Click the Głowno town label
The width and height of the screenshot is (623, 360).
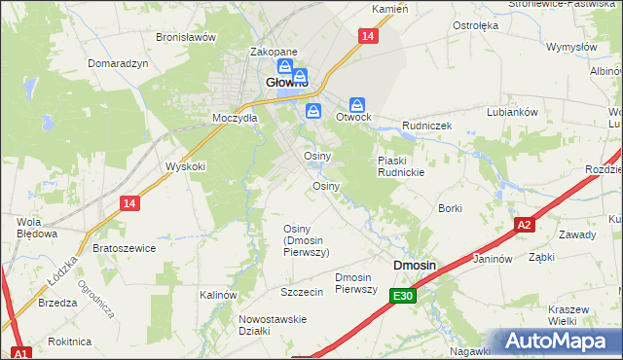pos(287,84)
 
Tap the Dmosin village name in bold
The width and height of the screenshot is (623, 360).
pos(414,265)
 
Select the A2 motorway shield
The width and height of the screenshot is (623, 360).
pos(525,225)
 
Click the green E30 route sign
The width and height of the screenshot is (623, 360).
pos(404,296)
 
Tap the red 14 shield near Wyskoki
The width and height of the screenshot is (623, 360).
pos(129,202)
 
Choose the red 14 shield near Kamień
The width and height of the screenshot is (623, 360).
pos(366,36)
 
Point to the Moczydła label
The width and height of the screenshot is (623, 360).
pos(235,118)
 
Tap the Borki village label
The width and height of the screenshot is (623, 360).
pos(450,208)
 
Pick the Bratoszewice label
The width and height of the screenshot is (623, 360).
pos(124,248)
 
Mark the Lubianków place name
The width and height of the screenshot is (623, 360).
pos(513,112)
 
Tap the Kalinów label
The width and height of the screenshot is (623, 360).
pos(218,294)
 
